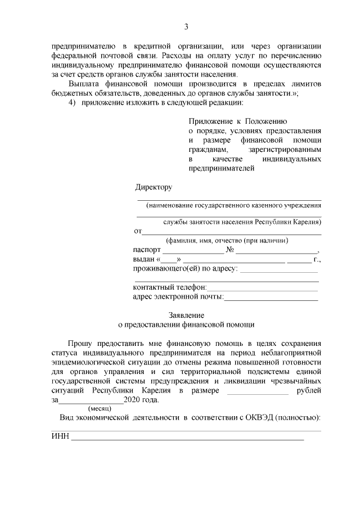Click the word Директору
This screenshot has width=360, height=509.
pos(154,187)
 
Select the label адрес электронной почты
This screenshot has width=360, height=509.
pos(178,296)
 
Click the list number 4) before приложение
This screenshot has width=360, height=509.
pos(72,102)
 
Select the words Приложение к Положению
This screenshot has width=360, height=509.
pos(238,121)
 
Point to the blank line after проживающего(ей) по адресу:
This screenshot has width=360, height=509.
pos(280,270)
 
